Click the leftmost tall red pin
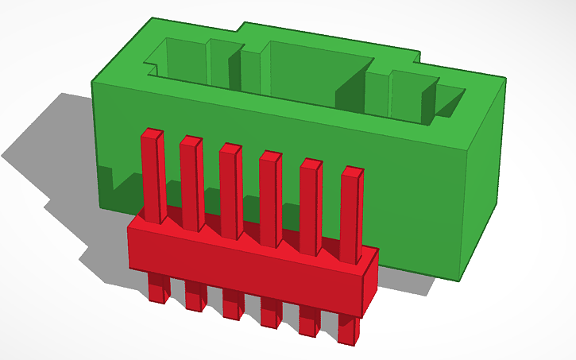[x=153, y=175]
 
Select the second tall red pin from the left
[x=191, y=183]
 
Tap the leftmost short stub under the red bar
[x=158, y=288]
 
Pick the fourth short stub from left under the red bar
[x=271, y=312]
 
